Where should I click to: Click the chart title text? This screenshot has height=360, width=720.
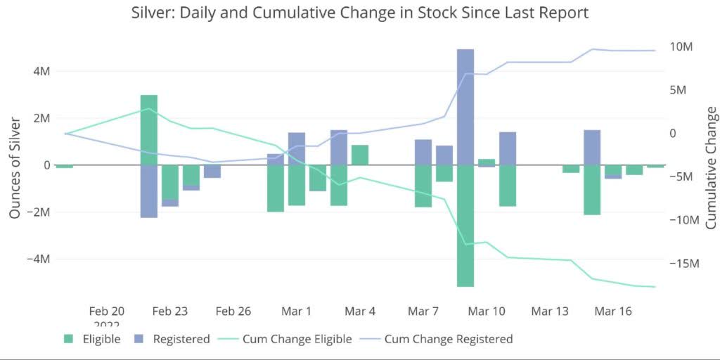click(359, 13)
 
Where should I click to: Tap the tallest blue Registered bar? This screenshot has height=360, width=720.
click(465, 105)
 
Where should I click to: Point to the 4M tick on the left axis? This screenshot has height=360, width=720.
click(40, 71)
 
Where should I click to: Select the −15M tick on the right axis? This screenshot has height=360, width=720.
click(679, 263)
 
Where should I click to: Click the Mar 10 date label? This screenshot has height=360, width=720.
click(487, 311)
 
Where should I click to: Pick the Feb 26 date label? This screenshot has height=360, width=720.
click(233, 311)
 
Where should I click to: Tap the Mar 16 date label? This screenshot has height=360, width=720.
click(613, 311)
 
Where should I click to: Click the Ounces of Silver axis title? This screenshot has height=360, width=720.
click(15, 167)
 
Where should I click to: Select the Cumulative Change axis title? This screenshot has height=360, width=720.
click(711, 167)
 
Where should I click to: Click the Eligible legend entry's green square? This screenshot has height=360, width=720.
click(68, 339)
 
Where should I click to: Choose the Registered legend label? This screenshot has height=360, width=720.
click(181, 339)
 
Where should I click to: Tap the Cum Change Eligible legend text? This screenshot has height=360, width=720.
click(297, 339)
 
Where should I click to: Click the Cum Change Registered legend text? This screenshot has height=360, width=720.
click(448, 339)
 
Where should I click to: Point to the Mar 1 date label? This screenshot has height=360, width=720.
click(297, 311)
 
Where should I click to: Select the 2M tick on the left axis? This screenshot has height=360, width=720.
click(40, 118)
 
